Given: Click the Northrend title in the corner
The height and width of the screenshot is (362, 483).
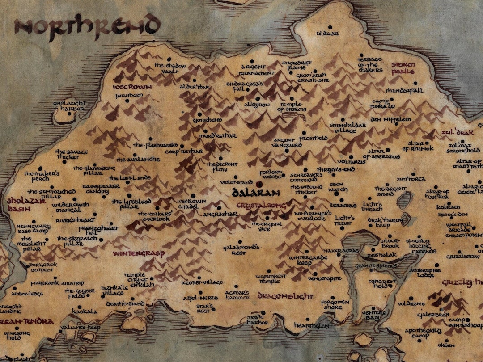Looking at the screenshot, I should pos(87,25).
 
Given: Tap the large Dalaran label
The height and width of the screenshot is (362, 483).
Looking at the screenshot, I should pos(256,193).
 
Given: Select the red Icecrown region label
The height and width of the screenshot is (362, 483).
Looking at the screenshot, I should pos(132,87).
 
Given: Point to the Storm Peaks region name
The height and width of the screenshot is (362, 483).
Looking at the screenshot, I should pos(403,68).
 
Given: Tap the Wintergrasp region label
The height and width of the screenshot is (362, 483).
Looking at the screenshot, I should pos(139,253).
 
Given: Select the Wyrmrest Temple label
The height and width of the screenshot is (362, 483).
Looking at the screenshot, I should pos(271,279).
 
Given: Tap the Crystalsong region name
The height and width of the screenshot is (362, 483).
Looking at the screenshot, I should pos(258,206).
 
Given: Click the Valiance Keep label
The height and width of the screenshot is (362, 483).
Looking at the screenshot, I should pos(80,328).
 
